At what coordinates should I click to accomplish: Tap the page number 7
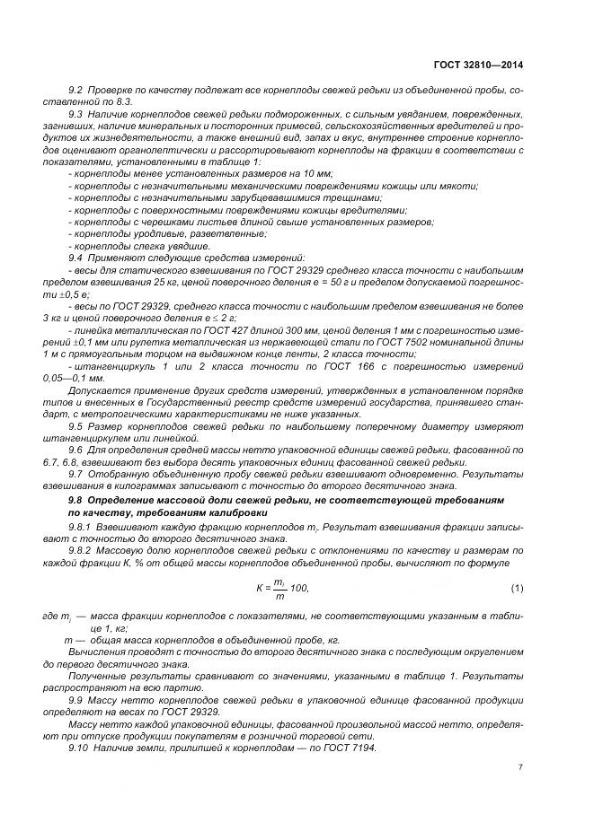[521, 766]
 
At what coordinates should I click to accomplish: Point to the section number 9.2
[75, 92]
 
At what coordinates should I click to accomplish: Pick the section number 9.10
[78, 748]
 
